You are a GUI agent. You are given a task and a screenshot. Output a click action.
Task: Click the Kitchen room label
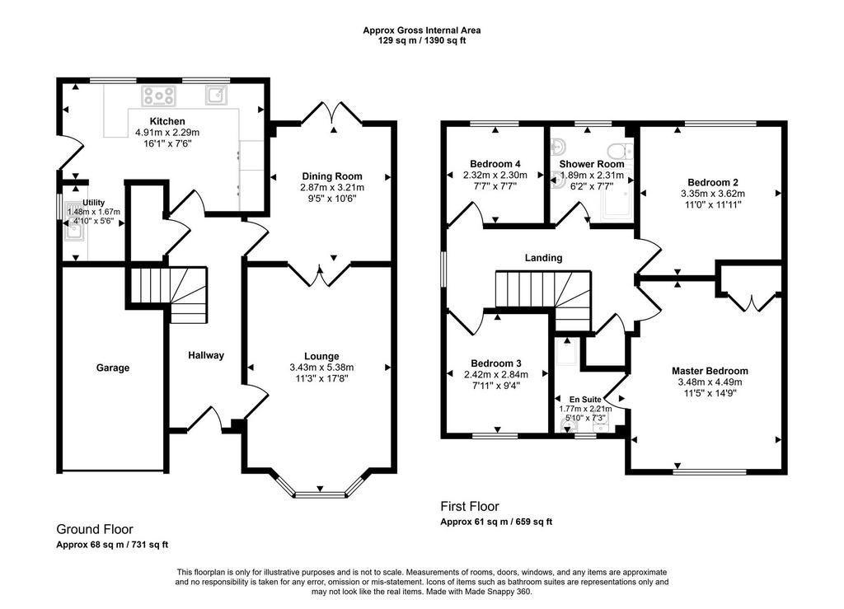[x=167, y=122]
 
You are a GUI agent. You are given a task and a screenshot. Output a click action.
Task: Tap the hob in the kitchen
[x=159, y=96]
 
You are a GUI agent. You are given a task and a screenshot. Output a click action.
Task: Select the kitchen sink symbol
[x=216, y=96]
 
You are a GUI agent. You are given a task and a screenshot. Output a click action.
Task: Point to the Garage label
[x=113, y=368]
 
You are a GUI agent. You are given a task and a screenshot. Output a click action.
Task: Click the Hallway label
[x=206, y=355]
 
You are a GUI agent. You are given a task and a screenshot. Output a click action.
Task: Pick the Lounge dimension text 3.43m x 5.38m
[x=322, y=368]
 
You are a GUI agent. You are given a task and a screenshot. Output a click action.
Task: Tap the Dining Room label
[x=332, y=176]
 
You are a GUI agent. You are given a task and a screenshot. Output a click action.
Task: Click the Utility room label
[x=94, y=203]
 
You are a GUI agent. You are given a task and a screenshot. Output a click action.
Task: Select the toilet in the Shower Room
[x=621, y=150]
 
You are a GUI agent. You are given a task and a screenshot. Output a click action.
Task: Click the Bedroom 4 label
[x=495, y=164]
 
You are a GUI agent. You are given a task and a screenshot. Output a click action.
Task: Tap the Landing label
[x=544, y=258]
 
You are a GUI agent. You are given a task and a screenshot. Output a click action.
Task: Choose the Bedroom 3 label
[x=495, y=363]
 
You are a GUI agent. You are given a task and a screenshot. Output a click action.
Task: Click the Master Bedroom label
[x=710, y=371]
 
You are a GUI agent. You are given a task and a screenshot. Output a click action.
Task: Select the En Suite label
[x=586, y=400]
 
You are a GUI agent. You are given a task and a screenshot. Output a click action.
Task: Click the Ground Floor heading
[x=95, y=529]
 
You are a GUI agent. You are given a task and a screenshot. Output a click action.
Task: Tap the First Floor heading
[x=470, y=506]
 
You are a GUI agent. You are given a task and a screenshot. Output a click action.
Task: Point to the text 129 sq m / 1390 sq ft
[x=422, y=40]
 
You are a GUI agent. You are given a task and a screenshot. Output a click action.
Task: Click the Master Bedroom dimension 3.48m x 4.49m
[x=710, y=382]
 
